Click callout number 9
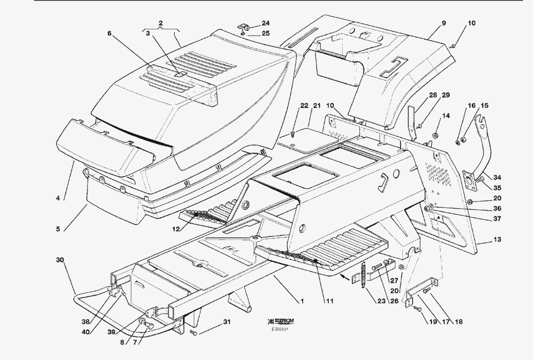point(443,23)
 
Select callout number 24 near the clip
point(265,23)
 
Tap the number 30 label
point(60,260)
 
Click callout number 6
point(109,33)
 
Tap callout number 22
point(304,105)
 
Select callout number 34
point(496,177)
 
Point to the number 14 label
point(446,115)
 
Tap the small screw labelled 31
point(195,333)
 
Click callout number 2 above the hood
point(160,23)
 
